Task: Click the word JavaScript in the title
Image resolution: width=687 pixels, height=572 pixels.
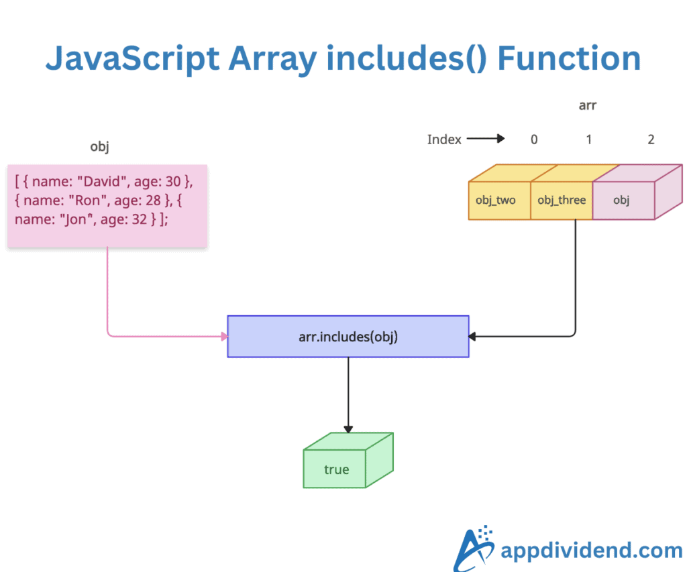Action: click(131, 59)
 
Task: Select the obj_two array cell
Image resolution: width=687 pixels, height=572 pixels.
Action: click(496, 200)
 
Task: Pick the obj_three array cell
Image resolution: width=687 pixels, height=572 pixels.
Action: click(561, 200)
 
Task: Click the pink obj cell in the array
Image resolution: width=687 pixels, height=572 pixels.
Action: click(622, 200)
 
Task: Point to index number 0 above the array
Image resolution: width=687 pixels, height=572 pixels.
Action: click(534, 139)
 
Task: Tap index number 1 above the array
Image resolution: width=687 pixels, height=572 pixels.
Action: click(588, 139)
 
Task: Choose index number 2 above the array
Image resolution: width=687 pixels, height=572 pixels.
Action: click(651, 139)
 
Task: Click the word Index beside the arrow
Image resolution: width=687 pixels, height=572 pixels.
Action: click(444, 139)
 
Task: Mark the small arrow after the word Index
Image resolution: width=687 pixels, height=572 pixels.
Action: click(485, 139)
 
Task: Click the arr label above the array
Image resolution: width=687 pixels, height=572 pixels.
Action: click(588, 105)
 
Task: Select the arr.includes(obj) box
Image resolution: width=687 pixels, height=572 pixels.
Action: click(348, 337)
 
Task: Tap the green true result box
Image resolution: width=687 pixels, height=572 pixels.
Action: click(337, 469)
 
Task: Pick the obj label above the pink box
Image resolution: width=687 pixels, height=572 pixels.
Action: click(99, 147)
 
